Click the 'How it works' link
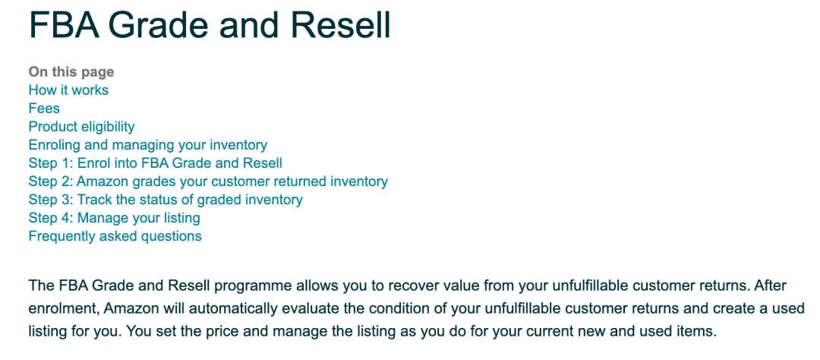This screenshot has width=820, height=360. click(68, 90)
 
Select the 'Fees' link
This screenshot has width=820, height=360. click(44, 109)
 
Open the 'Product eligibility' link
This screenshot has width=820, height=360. click(81, 127)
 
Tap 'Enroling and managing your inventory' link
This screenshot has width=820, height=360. click(148, 145)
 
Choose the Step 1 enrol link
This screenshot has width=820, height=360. click(156, 163)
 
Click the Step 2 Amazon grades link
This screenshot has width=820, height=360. click(208, 182)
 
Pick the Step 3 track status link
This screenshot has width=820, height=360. click(166, 200)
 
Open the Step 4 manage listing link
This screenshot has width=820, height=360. click(115, 218)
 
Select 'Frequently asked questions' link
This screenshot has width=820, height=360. click(115, 236)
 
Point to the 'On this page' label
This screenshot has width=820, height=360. click(71, 71)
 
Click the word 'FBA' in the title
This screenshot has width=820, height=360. click(64, 25)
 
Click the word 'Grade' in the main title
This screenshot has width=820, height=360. click(159, 25)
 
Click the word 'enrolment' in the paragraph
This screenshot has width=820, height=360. click(65, 308)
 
